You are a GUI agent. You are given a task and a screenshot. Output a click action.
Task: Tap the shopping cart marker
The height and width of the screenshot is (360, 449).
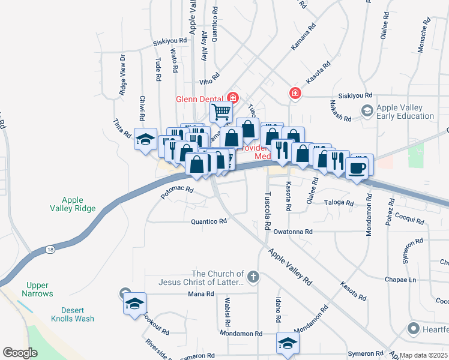[x=221, y=111]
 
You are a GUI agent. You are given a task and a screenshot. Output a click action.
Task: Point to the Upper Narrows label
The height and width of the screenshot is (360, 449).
[x=40, y=289]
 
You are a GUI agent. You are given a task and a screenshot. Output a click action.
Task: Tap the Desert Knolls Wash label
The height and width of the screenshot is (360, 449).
[x=72, y=314]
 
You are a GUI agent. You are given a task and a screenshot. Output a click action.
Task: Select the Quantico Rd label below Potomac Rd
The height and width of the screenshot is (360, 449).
[x=209, y=221]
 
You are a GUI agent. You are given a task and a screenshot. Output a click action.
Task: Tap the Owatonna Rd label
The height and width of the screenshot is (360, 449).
[x=293, y=231]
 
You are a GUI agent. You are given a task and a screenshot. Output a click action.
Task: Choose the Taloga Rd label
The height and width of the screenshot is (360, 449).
[x=339, y=202]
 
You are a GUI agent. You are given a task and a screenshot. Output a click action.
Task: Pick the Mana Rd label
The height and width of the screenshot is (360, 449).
[x=201, y=293]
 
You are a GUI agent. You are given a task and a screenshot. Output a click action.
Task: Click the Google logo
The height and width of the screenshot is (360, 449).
[x=20, y=352]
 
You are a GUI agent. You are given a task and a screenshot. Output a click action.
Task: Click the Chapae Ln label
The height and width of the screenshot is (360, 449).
[x=400, y=280]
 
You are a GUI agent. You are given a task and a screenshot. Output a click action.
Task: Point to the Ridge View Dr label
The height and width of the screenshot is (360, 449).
[x=122, y=75]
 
